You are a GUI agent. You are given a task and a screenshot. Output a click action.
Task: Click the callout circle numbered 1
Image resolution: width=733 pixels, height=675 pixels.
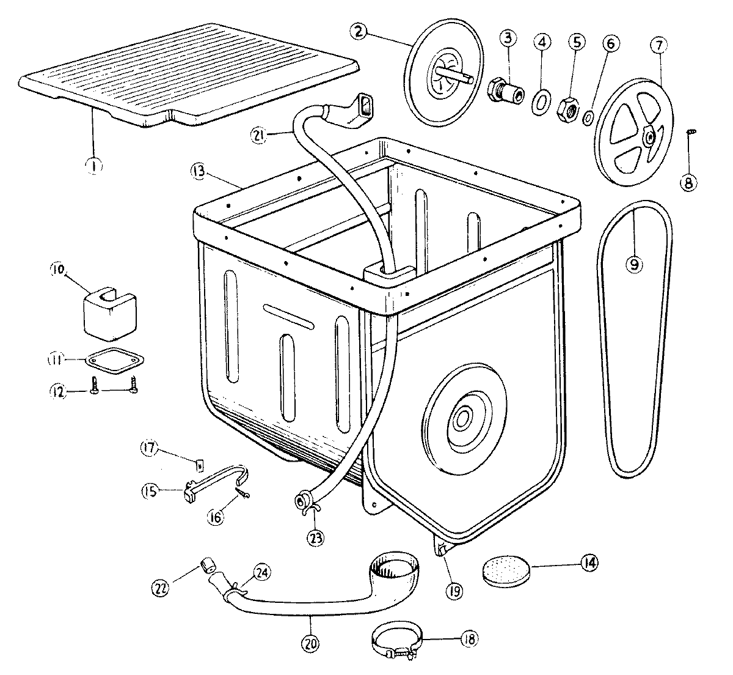[x=93, y=165]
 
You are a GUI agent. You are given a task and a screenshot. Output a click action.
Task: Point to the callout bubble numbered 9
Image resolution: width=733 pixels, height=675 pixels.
[x=634, y=264]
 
